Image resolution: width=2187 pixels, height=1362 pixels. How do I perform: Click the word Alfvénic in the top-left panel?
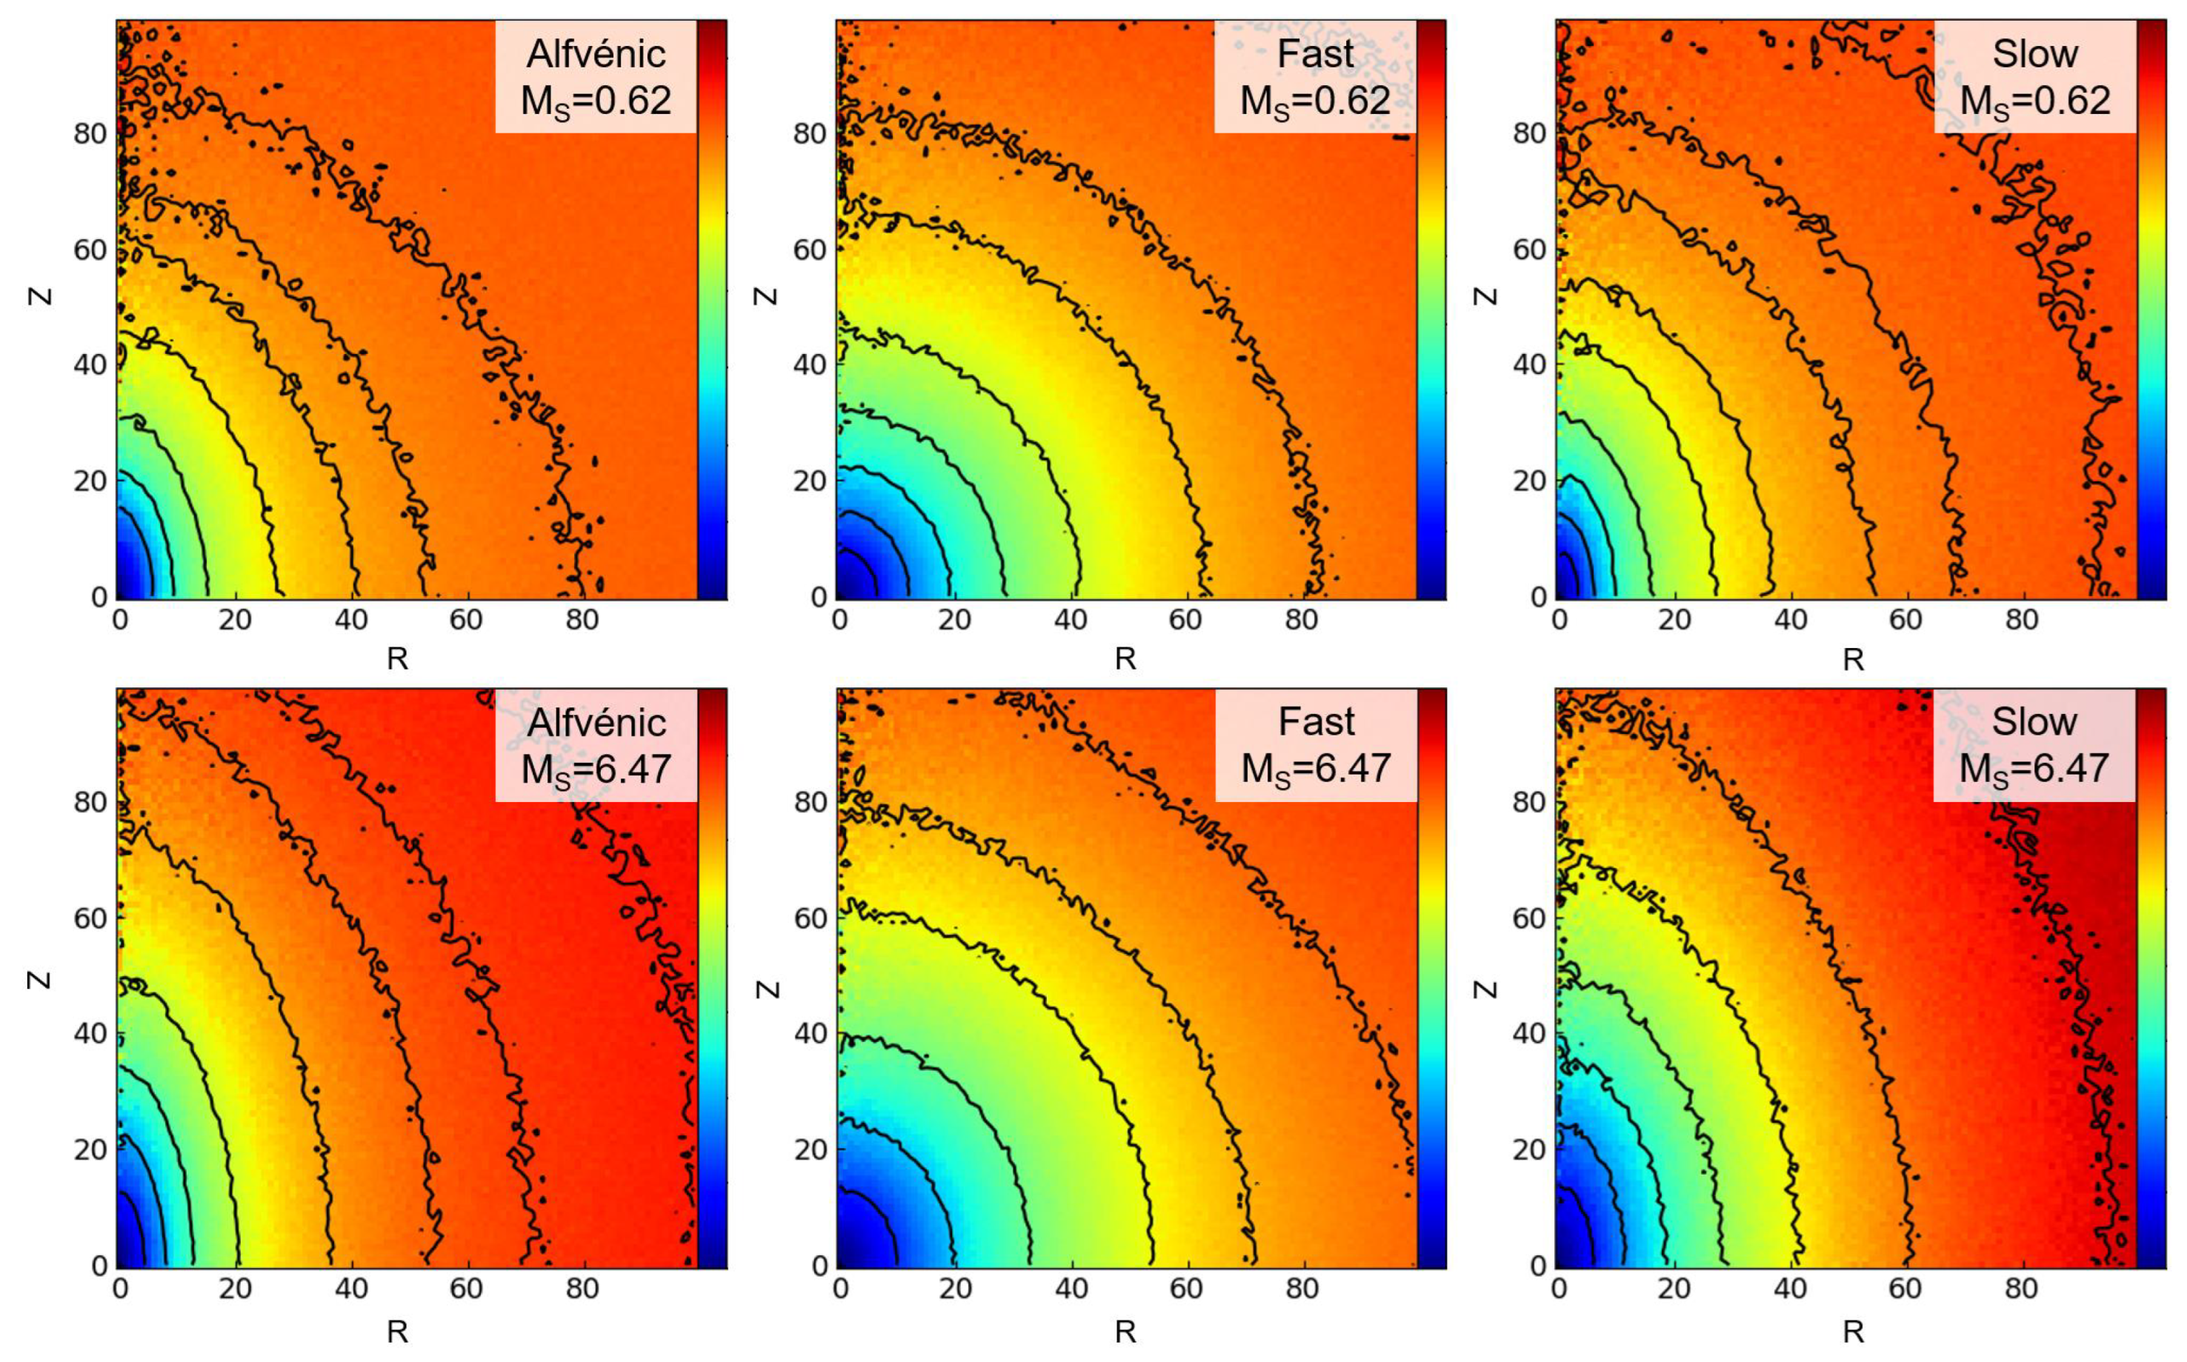tap(596, 54)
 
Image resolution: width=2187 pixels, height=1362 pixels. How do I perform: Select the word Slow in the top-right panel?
tap(2034, 54)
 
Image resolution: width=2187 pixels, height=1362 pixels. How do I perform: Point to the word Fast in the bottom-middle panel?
tap(1316, 722)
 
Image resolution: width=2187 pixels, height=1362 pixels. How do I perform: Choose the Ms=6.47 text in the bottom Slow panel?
tap(2034, 768)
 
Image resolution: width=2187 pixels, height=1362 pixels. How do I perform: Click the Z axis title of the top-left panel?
tap(41, 296)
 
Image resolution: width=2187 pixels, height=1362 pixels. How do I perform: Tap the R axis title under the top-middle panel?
tap(1125, 659)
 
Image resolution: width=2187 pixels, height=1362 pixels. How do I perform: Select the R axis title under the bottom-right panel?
tap(1853, 1330)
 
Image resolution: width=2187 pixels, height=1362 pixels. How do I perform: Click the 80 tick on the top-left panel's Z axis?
tap(90, 133)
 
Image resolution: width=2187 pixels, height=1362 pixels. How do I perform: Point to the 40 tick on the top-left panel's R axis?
tap(350, 620)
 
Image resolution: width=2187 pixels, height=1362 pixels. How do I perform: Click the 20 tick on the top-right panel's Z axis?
tap(1530, 481)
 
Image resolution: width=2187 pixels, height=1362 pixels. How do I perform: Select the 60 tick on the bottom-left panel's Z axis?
tap(90, 919)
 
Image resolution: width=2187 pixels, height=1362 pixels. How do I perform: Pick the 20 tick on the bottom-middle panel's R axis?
tap(954, 1289)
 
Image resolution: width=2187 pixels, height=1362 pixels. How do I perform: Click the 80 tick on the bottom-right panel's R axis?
tap(2021, 1289)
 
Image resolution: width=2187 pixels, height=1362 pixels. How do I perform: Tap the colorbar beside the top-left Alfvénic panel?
tap(712, 309)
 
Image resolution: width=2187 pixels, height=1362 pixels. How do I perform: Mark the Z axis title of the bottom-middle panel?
tap(766, 988)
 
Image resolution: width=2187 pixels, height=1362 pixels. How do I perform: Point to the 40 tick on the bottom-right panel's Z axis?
tap(1530, 1034)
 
